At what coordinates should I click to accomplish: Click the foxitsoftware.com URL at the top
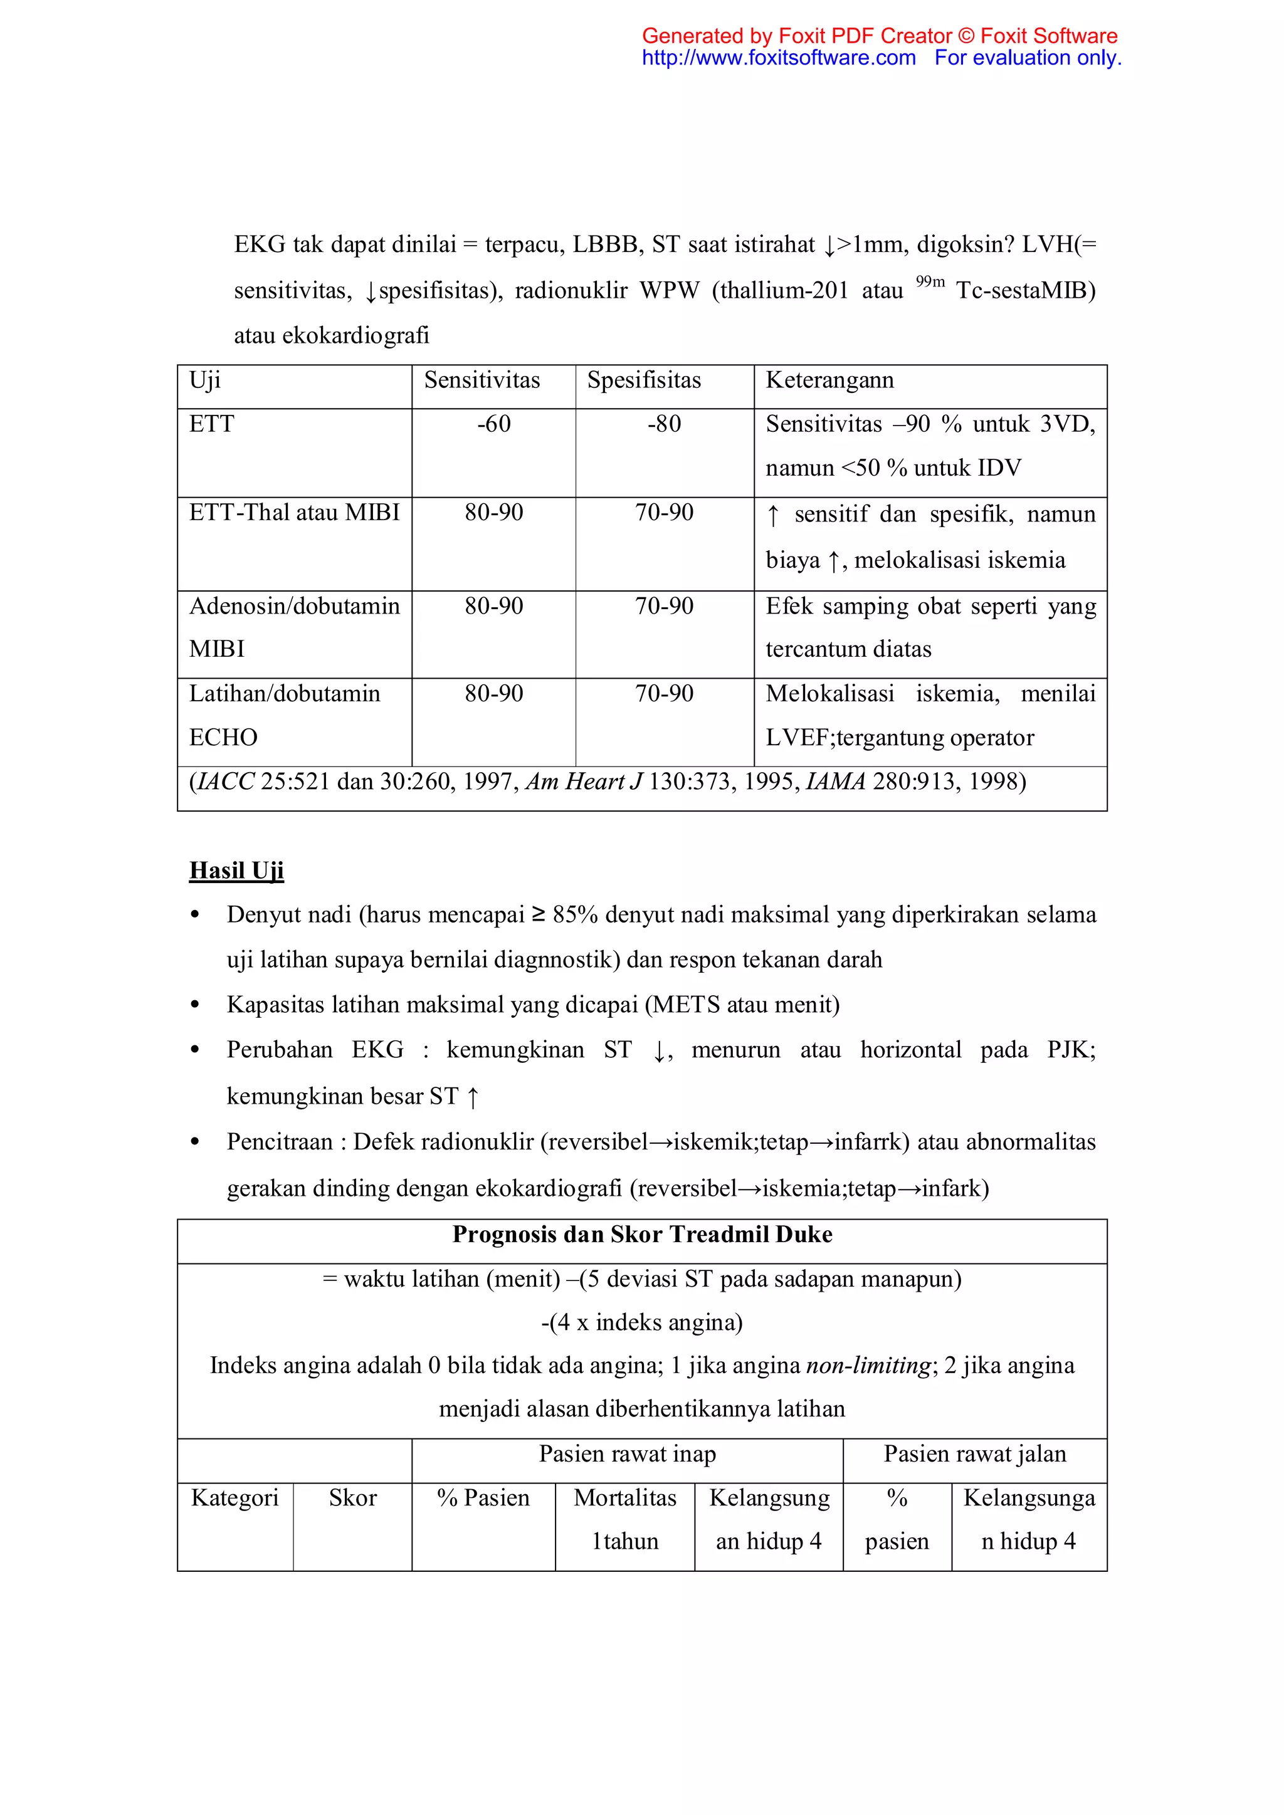tap(778, 58)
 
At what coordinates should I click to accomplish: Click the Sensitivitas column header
tap(481, 380)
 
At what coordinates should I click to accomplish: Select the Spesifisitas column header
tap(644, 380)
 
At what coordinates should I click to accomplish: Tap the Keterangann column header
tap(829, 380)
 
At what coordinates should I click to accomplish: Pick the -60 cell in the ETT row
tap(493, 424)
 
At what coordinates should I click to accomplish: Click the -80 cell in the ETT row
tap(664, 424)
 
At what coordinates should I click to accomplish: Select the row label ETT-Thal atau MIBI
tap(294, 513)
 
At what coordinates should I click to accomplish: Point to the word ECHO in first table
tap(223, 738)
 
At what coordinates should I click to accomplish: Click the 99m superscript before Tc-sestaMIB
tap(930, 282)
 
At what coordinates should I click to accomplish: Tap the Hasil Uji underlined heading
tap(236, 871)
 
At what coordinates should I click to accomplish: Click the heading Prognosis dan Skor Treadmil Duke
tap(642, 1235)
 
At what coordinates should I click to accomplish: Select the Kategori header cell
tap(235, 1498)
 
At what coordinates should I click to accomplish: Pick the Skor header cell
tap(352, 1498)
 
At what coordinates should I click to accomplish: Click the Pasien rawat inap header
tap(627, 1454)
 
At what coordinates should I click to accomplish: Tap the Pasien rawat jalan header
tap(975, 1454)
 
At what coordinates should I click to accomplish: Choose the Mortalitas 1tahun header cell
tap(624, 1519)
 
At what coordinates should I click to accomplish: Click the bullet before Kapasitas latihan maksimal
tap(195, 1005)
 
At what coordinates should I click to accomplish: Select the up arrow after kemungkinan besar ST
tap(473, 1097)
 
